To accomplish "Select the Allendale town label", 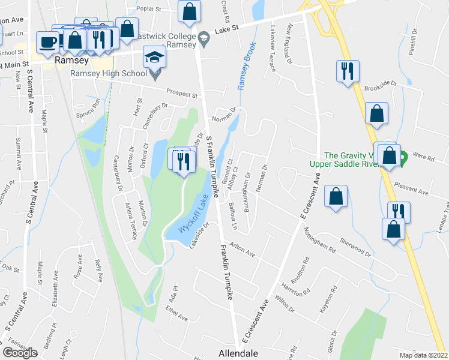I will pyautogui.click(x=238, y=353).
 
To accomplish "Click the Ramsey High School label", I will pyautogui.click(x=108, y=74).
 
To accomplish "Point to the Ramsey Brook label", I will pyautogui.click(x=247, y=65).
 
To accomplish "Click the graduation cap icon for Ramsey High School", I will pyautogui.click(x=154, y=58).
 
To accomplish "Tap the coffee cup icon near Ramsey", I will pyautogui.click(x=47, y=41).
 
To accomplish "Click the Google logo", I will pyautogui.click(x=20, y=353).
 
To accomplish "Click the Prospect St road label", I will pyautogui.click(x=182, y=95).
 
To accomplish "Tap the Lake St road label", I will pyautogui.click(x=227, y=28).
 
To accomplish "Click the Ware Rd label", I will pyautogui.click(x=423, y=157).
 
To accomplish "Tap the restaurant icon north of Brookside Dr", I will pyautogui.click(x=348, y=71).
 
